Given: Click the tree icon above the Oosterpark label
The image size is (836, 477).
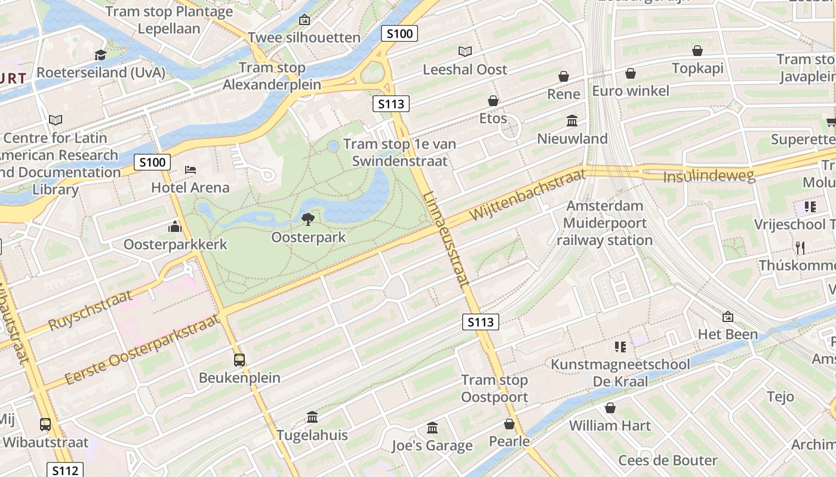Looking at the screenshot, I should click(x=308, y=219).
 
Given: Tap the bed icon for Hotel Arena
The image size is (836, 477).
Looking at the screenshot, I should click(x=190, y=170).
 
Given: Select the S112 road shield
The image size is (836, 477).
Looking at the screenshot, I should click(x=65, y=470).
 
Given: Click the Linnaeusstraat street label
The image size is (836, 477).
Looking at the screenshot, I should click(x=446, y=238).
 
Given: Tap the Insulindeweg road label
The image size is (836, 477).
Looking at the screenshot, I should click(x=709, y=176).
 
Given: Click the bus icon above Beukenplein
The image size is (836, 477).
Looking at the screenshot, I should click(x=239, y=360).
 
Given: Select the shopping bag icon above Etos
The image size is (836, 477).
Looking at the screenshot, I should click(x=493, y=101).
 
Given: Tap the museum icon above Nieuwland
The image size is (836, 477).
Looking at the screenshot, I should click(x=572, y=121).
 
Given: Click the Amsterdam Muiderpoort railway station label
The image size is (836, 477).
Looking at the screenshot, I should click(x=604, y=223).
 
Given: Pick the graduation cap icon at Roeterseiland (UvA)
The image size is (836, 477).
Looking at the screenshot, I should click(x=100, y=55).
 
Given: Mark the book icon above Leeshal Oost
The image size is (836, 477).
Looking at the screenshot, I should click(x=465, y=52).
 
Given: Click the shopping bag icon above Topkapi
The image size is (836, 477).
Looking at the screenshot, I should click(x=697, y=51).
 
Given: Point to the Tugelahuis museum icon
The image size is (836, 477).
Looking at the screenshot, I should click(x=312, y=417).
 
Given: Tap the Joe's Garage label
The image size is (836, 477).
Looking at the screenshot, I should click(x=432, y=445).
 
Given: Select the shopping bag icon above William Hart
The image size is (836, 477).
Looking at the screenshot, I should click(x=610, y=408).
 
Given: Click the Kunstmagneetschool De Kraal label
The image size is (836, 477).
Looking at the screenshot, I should click(x=620, y=373).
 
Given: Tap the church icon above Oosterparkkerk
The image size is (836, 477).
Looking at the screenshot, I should click(x=175, y=227).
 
